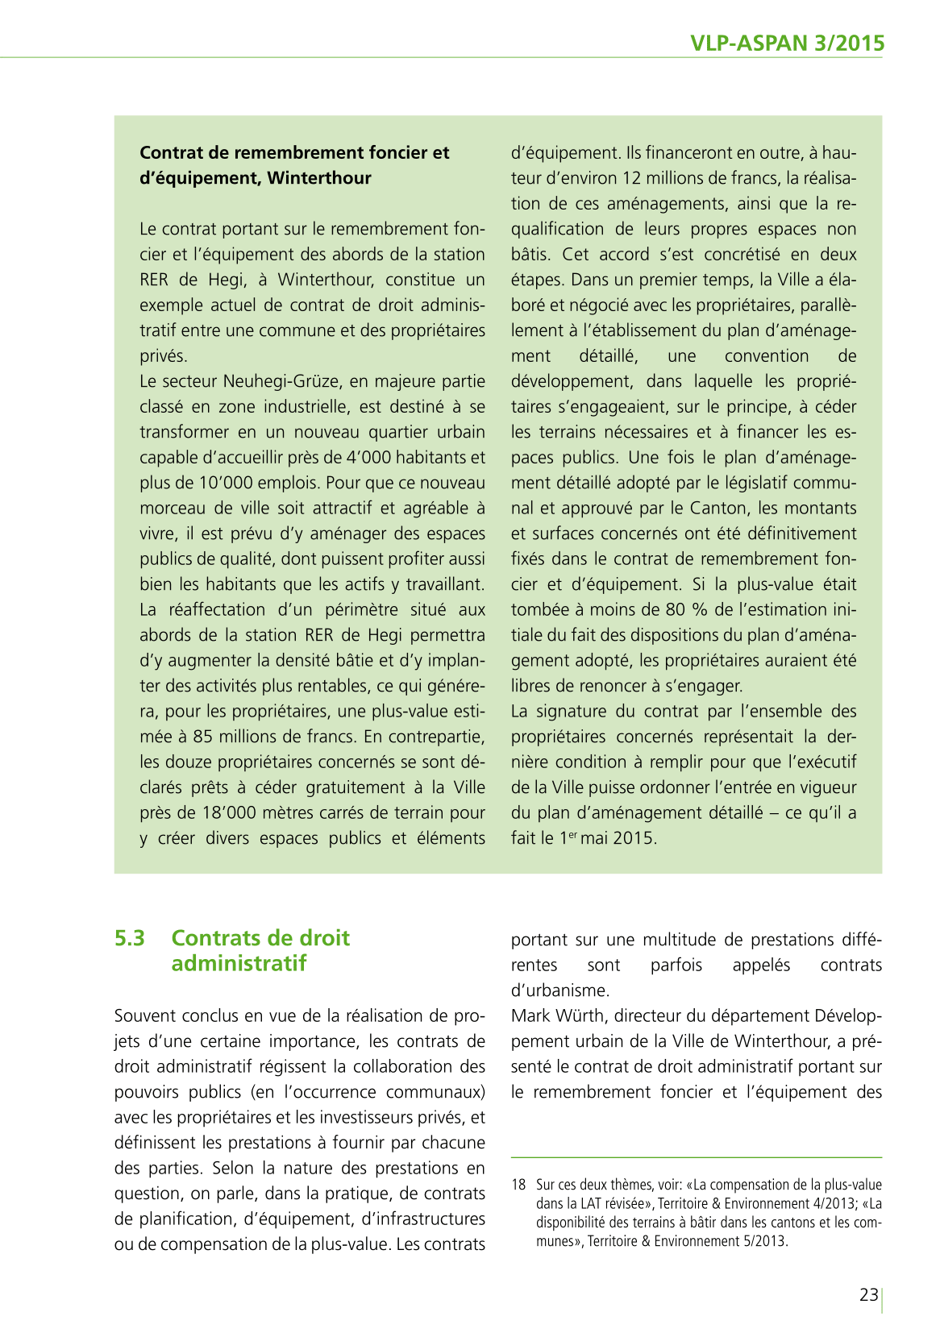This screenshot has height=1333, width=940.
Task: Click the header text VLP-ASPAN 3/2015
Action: click(x=787, y=43)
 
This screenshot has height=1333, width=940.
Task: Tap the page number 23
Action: click(x=868, y=1294)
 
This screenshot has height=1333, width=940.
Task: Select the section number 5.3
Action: click(x=130, y=938)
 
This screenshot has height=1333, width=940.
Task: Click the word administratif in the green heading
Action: click(x=239, y=963)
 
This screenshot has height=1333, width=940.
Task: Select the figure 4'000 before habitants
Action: click(x=368, y=458)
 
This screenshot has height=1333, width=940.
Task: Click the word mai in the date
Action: click(x=595, y=838)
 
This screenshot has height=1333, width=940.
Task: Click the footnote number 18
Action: click(x=518, y=1185)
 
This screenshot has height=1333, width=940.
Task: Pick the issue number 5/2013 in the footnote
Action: click(x=763, y=1241)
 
